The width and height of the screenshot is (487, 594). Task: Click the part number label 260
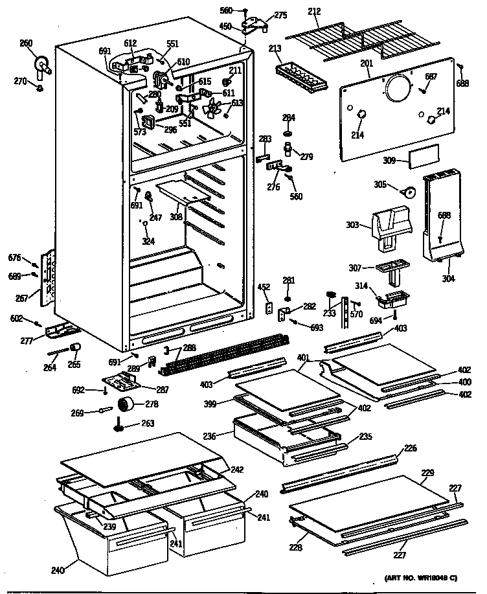(25, 43)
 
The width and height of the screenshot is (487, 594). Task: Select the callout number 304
(447, 279)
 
